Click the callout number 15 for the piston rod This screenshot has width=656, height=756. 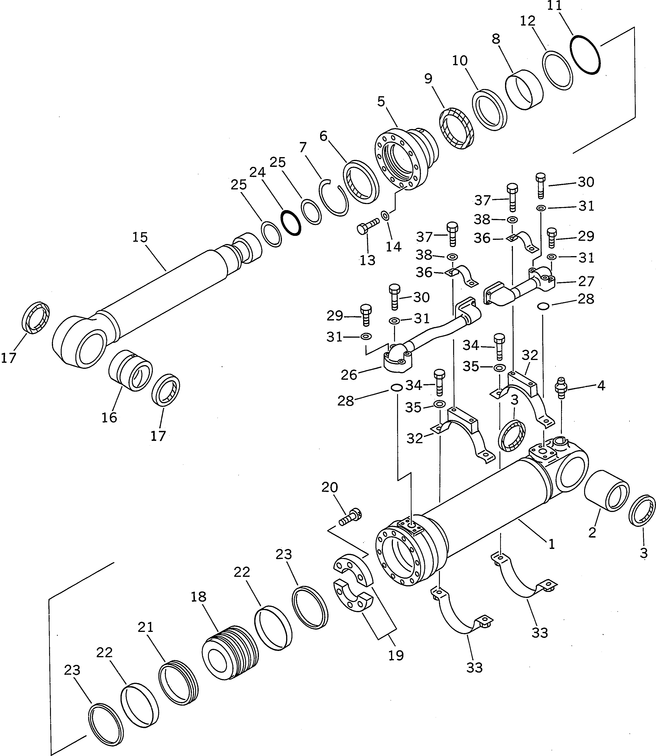pyautogui.click(x=140, y=237)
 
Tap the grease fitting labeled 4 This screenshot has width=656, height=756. pyautogui.click(x=561, y=388)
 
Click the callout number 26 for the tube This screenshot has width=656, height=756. pyautogui.click(x=348, y=375)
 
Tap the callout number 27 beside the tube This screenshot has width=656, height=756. pyautogui.click(x=586, y=281)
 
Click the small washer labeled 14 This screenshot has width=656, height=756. pyautogui.click(x=385, y=216)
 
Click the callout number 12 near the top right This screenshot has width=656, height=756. pyautogui.click(x=528, y=21)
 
